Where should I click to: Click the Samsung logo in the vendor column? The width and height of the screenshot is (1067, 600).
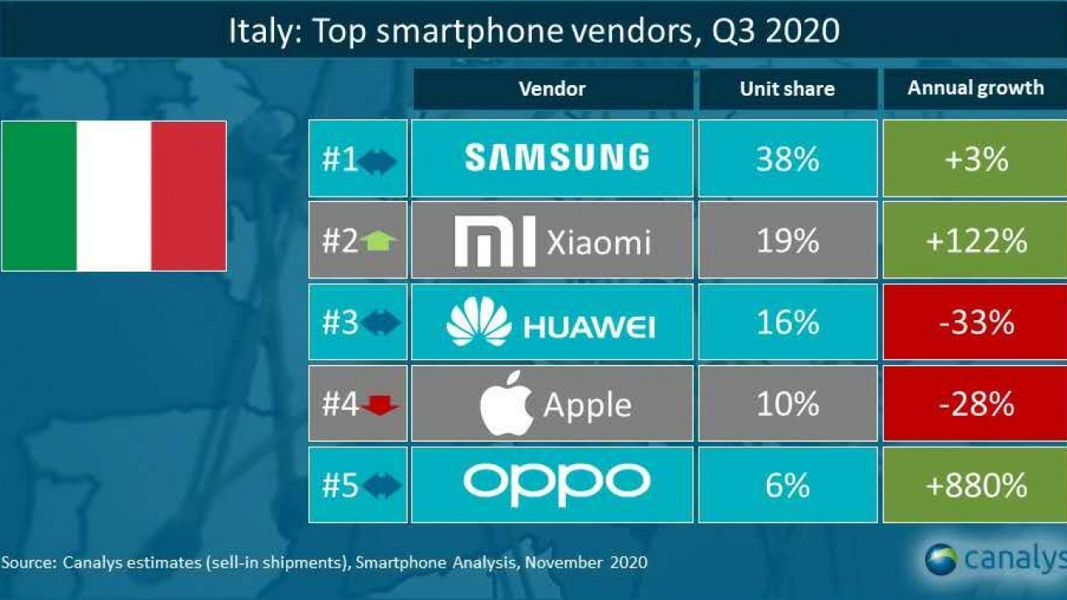click(x=556, y=157)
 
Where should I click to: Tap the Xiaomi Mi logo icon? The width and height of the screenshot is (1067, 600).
click(x=494, y=242)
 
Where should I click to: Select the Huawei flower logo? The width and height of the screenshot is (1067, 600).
click(x=478, y=322)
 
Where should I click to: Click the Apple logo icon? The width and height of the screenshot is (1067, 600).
click(x=506, y=404)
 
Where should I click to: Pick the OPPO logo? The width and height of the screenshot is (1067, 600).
click(x=557, y=483)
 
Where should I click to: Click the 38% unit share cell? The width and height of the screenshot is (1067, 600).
click(x=788, y=158)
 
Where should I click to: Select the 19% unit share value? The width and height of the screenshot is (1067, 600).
click(x=788, y=240)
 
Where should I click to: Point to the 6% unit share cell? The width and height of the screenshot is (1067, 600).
click(x=788, y=485)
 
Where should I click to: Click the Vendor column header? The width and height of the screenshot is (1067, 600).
click(x=552, y=88)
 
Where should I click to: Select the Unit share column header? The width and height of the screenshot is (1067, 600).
click(x=787, y=88)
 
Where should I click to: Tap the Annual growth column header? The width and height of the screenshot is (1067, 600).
click(x=975, y=87)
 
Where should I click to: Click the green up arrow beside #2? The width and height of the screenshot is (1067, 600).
click(x=380, y=242)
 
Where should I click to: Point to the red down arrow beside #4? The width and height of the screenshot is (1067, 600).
click(x=381, y=406)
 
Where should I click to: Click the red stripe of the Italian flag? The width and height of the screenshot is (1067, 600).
click(x=188, y=196)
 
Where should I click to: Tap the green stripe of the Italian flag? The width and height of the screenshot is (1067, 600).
click(x=39, y=196)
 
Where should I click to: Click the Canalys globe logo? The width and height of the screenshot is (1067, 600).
click(x=941, y=559)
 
